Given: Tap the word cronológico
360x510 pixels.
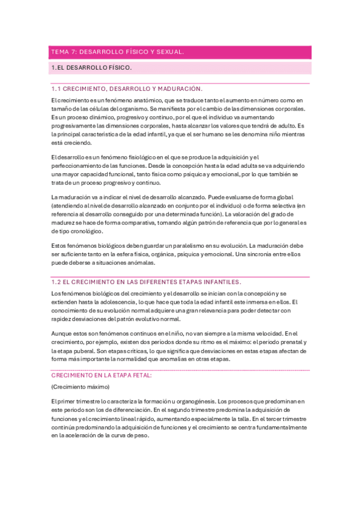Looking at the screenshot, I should point(85,231).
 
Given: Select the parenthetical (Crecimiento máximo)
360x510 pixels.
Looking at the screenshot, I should point(80,387).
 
